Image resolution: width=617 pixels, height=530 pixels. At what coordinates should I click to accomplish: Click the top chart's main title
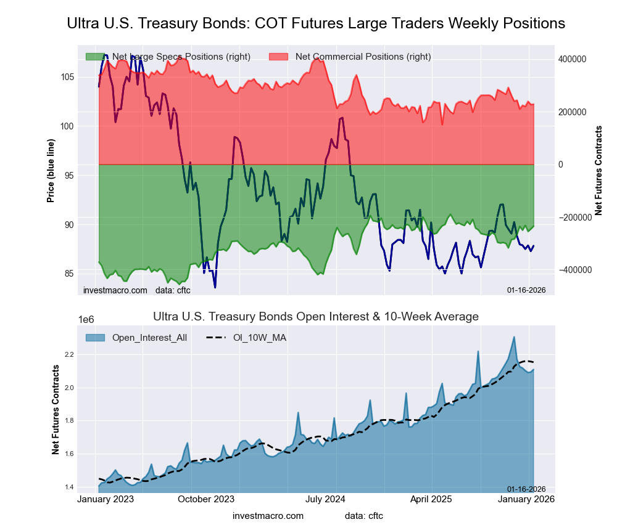(315, 23)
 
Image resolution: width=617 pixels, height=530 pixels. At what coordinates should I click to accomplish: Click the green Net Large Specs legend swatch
(95, 57)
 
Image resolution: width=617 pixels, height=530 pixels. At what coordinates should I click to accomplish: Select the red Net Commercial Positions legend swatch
(278, 57)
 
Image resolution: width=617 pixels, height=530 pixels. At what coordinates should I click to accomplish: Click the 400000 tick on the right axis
(572, 59)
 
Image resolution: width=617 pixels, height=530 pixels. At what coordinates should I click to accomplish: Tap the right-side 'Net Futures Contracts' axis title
(598, 171)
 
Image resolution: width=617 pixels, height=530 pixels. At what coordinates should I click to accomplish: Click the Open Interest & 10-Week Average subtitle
(315, 317)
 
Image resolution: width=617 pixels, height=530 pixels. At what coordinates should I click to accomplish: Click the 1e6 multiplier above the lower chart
(88, 320)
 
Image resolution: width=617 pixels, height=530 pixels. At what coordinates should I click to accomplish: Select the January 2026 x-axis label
(526, 500)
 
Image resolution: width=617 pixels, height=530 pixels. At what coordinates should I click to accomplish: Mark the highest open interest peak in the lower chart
(514, 337)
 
